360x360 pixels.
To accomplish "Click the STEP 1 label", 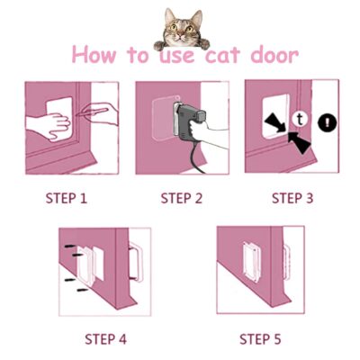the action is tap(67, 198).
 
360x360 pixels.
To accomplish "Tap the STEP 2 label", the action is tap(182, 198).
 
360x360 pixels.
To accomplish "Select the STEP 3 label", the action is tap(292, 198).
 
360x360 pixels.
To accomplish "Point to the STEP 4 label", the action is tap(105, 339).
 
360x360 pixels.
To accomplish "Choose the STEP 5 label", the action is tap(260, 339).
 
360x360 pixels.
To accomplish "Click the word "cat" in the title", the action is tap(222, 56).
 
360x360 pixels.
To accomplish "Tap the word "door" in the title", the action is tap(274, 55).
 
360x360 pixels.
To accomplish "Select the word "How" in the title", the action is tap(94, 54).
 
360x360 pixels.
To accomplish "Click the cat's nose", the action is tap(180, 36).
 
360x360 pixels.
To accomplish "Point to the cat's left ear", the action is tap(170, 15).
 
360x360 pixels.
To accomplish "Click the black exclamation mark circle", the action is tap(328, 122).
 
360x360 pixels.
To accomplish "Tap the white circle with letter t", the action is tap(300, 119).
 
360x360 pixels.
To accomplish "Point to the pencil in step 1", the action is tap(92, 112).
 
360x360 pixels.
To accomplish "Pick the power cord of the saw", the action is tap(197, 158).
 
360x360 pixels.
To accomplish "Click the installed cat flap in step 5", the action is tap(251, 262).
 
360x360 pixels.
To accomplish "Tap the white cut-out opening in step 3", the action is tap(276, 116).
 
